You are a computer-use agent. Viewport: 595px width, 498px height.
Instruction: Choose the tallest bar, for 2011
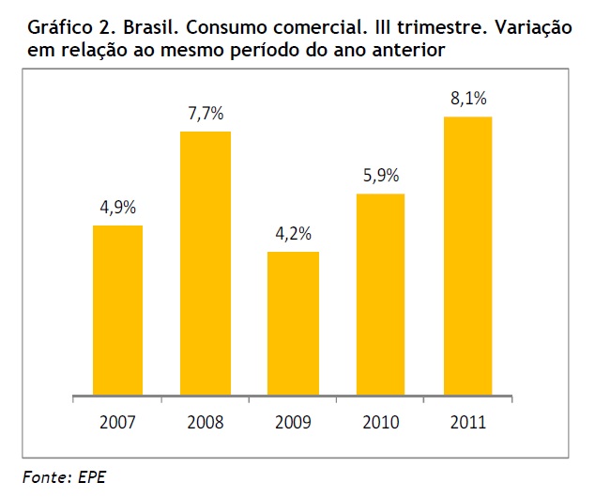pos(466,254)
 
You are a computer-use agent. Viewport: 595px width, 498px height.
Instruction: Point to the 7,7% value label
pos(205,115)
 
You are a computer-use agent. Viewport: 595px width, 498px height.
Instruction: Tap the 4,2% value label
pos(293,235)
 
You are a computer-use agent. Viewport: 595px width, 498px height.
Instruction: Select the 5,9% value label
pos(380,177)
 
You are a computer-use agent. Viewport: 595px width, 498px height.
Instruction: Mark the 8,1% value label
pos(466,100)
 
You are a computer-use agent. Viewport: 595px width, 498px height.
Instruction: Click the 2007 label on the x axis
pos(117,422)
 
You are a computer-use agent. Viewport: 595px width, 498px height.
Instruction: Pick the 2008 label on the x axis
pos(205,422)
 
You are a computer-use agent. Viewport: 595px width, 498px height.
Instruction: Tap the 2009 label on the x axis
pos(293,422)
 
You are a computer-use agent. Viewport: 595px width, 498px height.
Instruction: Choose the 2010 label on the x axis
pos(380,422)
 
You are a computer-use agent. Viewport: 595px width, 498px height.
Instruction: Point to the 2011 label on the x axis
pos(466,422)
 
